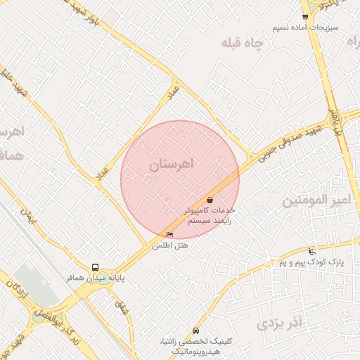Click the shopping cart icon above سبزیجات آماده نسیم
pyautogui.click(x=304, y=16)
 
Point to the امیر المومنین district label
pyautogui.click(x=316, y=200)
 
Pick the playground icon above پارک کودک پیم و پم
pyautogui.click(x=312, y=251)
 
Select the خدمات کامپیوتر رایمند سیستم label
pyautogui.click(x=210, y=214)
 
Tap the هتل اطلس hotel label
pyautogui.click(x=168, y=246)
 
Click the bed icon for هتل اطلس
pyautogui.click(x=169, y=234)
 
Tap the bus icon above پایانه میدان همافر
pyautogui.click(x=95, y=267)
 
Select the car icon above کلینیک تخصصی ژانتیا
pyautogui.click(x=195, y=331)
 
